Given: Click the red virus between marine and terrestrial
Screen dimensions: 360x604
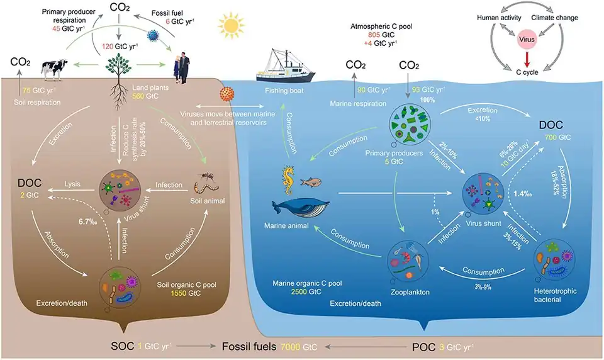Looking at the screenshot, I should (x=223, y=94).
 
